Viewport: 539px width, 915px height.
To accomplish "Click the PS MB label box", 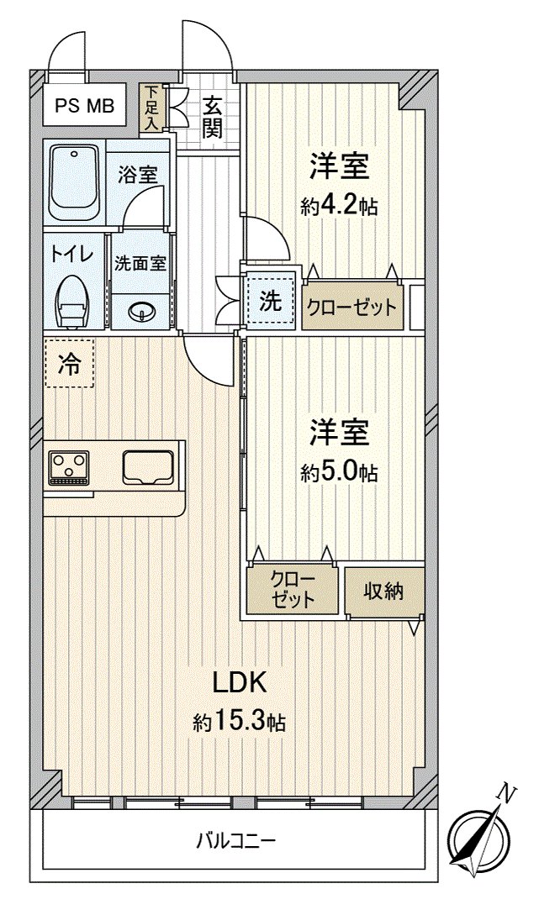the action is (85, 106).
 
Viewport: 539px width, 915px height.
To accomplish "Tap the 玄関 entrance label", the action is (213, 118).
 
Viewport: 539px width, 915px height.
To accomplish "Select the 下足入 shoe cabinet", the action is (152, 108).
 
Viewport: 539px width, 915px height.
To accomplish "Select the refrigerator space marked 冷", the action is (69, 364).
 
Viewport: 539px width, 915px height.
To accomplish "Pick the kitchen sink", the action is (148, 467).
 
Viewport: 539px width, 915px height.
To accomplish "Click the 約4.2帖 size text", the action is (339, 207).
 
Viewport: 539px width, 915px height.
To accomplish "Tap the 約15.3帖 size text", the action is (240, 723).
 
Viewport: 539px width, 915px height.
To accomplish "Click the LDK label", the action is (240, 683).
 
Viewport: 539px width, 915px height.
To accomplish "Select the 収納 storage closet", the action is (383, 592).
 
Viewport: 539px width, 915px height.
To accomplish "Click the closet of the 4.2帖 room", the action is (352, 307).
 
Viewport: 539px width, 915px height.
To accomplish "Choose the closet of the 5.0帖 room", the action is (293, 589).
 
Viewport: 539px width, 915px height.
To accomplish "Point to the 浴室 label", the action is (139, 175).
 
